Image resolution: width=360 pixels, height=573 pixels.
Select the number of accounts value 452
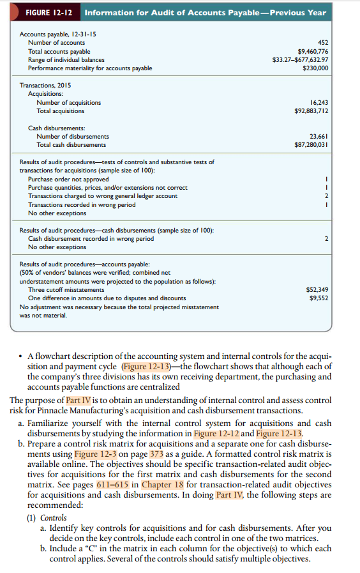(322, 42)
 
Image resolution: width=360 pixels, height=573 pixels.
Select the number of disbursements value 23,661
(318, 136)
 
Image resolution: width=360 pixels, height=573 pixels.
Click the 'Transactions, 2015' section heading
(45, 86)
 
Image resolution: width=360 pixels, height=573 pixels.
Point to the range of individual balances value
(300, 59)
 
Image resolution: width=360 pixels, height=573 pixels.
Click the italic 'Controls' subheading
(54, 517)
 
